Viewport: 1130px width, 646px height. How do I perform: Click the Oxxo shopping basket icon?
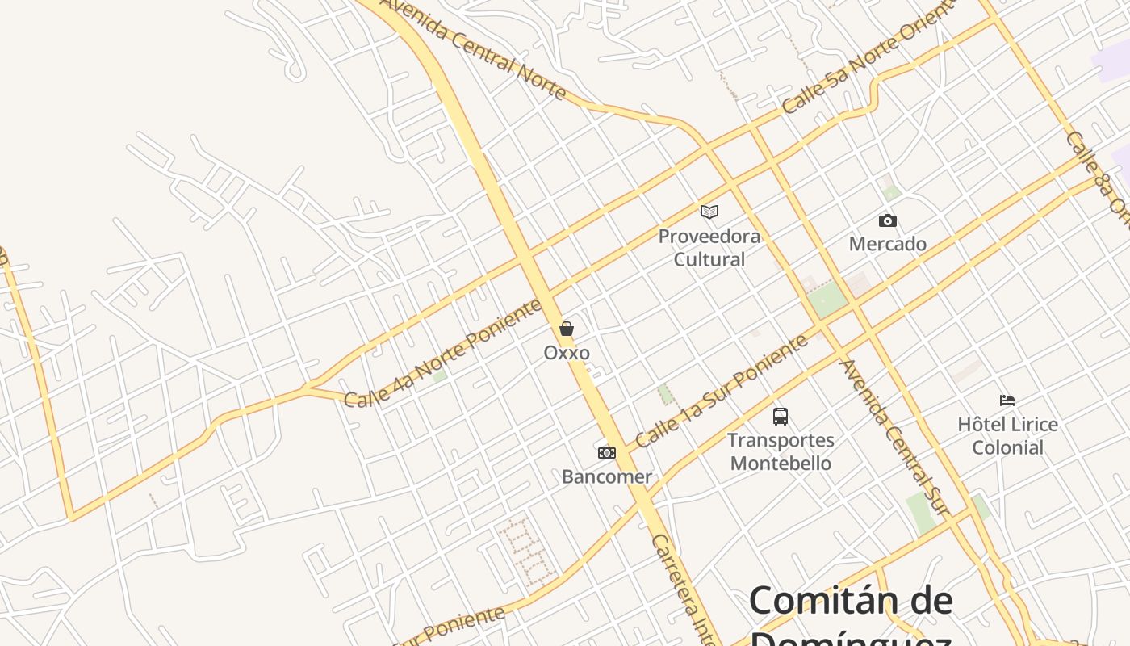(x=567, y=329)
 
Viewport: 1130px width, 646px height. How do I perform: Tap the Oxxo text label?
(x=567, y=353)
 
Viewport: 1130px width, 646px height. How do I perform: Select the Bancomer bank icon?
(x=607, y=453)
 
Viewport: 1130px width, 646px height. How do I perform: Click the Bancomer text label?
(x=607, y=476)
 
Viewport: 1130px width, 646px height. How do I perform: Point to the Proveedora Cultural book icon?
(x=709, y=212)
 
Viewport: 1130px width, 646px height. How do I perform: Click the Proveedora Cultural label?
(x=709, y=248)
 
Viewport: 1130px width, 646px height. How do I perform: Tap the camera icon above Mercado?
(x=887, y=220)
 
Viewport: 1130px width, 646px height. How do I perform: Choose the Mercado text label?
(x=887, y=244)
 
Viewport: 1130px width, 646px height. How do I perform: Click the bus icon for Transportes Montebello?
(x=781, y=417)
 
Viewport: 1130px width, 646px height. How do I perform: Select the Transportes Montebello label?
(x=781, y=451)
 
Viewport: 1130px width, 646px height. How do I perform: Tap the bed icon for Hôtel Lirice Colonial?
(x=1007, y=401)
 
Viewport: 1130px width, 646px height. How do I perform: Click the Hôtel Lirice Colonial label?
(x=1007, y=435)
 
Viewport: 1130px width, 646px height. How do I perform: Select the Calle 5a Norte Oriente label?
(x=868, y=57)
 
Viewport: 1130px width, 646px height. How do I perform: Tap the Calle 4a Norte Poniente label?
(x=443, y=353)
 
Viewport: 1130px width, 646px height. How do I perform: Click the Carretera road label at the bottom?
(x=684, y=589)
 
